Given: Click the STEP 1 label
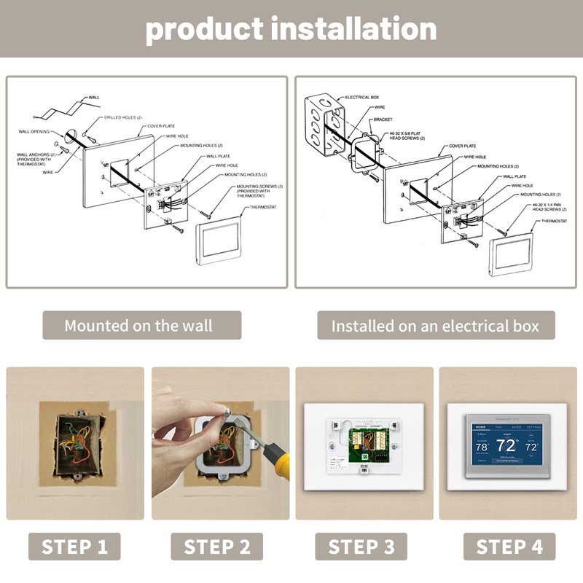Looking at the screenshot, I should [x=75, y=547].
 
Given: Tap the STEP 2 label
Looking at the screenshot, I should [x=217, y=547].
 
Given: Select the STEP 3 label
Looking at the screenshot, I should [x=362, y=547].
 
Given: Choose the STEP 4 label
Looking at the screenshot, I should [x=509, y=547].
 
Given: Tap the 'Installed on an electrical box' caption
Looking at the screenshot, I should [x=436, y=325].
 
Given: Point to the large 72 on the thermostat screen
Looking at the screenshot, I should [x=506, y=445].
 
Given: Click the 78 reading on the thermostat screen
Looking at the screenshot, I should [x=482, y=447].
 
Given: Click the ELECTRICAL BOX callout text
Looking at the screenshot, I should [x=362, y=97].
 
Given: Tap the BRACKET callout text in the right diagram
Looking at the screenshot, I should [x=383, y=119].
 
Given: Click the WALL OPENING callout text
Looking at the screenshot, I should [x=34, y=131].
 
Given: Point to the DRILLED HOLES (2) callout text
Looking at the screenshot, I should [x=123, y=117].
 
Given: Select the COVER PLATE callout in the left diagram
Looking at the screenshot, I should [x=161, y=126].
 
